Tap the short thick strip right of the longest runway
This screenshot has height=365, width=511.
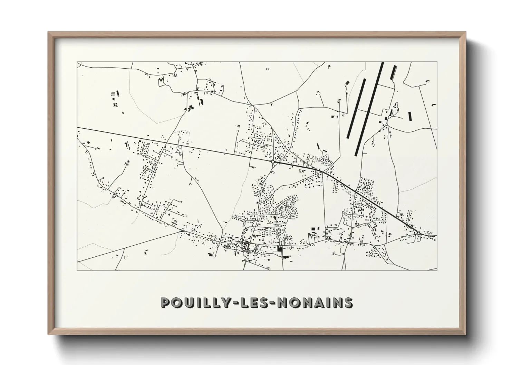pos(393,72)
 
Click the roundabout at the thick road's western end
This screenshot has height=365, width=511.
pos(273,161)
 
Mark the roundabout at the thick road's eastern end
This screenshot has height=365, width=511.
pos(418,234)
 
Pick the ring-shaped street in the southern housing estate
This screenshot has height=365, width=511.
pos(279,230)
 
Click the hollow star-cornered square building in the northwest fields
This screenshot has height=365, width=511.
pos(116,105)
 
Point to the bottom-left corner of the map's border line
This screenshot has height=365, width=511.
pos(77,270)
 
